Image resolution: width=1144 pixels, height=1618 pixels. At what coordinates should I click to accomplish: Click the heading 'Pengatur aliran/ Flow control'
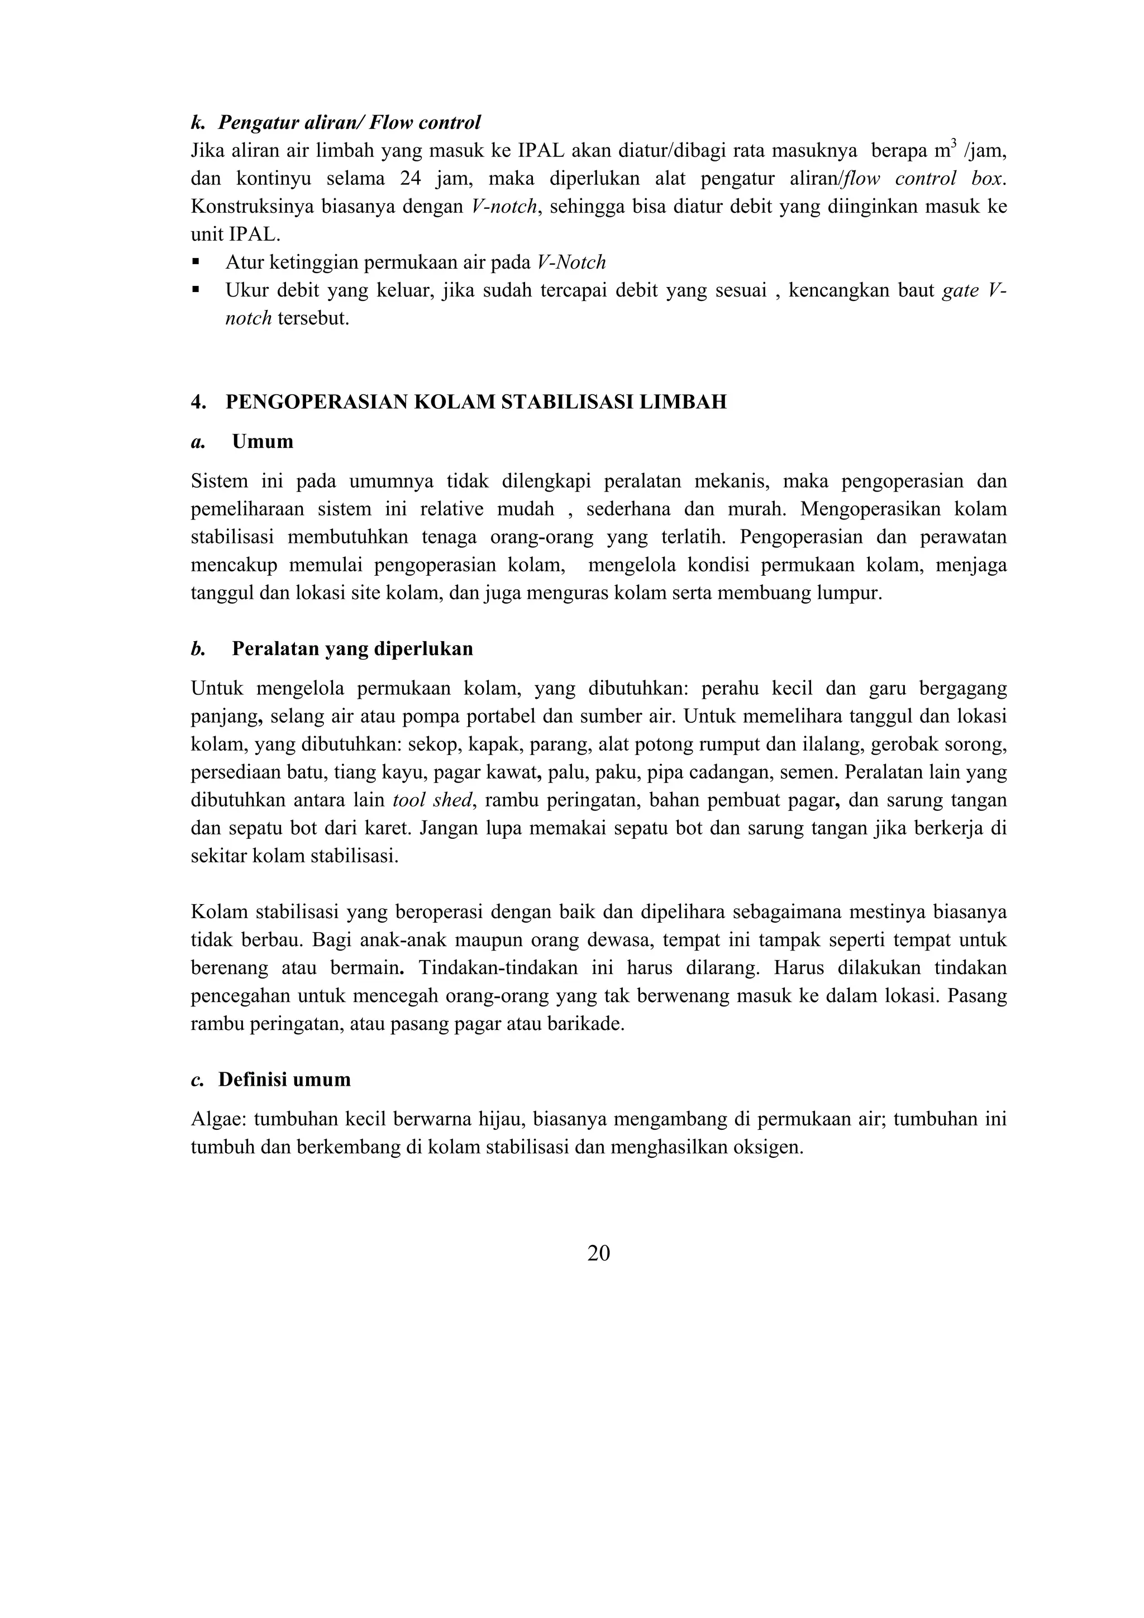pyautogui.click(x=349, y=123)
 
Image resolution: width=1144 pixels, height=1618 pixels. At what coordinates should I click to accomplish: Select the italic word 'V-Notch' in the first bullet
pyautogui.click(x=571, y=263)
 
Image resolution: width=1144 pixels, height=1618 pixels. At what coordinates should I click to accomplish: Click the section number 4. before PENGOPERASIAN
pyautogui.click(x=198, y=402)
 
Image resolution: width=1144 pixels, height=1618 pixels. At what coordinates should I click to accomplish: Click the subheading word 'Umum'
pyautogui.click(x=262, y=442)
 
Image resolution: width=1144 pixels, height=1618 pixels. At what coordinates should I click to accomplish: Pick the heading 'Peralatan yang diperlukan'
pyautogui.click(x=352, y=648)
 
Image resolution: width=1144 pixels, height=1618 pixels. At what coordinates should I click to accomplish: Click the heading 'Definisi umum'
pyautogui.click(x=284, y=1080)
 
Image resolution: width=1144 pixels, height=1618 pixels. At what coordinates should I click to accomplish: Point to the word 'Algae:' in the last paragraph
pyautogui.click(x=219, y=1119)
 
